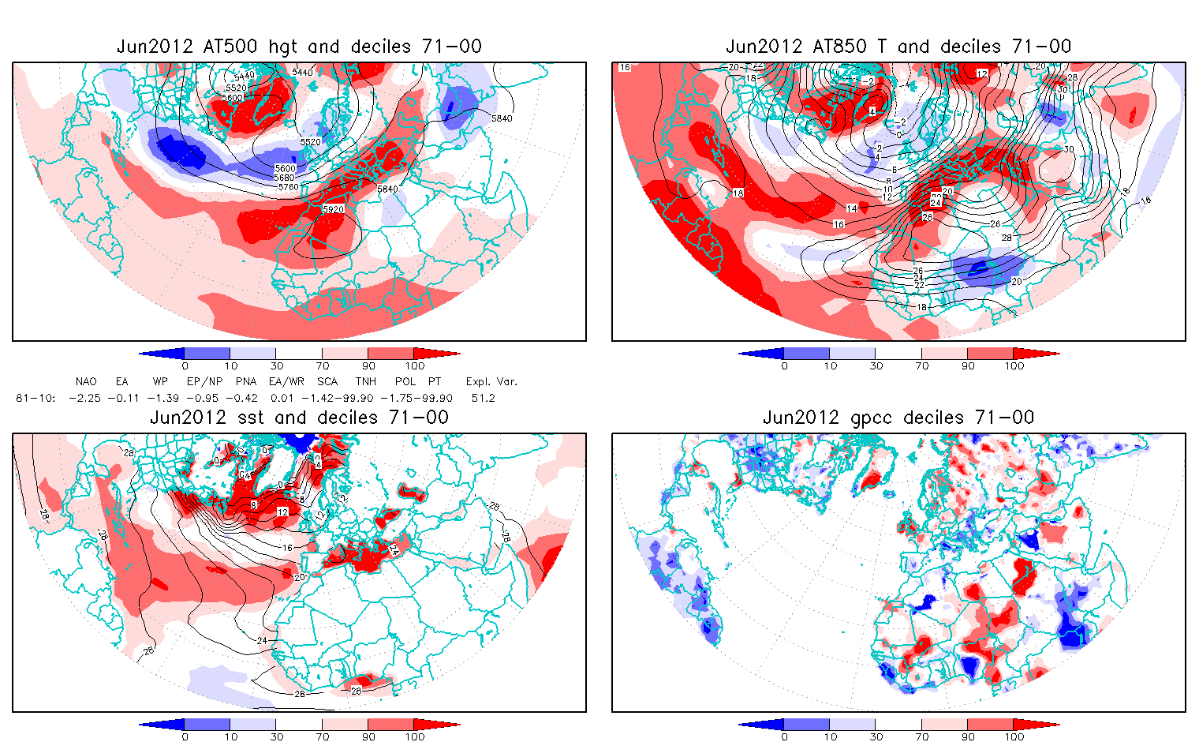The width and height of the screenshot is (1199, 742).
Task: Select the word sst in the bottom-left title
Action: pos(252,418)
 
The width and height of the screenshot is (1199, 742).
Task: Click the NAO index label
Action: pos(86,382)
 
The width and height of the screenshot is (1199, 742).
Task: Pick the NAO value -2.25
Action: pos(84,398)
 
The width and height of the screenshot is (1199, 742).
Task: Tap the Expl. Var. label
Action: pos(491,382)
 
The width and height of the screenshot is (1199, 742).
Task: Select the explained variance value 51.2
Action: pos(483,398)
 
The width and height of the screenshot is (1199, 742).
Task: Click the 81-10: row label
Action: pos(35,398)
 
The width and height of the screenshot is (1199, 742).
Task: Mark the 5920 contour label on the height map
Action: pos(333,210)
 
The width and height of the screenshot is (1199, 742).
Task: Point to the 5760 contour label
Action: pos(288,187)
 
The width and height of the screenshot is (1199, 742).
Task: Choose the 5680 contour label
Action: pos(285,178)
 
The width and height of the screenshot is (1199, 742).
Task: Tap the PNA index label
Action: pos(246,382)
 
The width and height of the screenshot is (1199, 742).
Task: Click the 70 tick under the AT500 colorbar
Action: pos(322,366)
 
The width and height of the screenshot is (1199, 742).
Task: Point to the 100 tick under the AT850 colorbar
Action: pos(1014,366)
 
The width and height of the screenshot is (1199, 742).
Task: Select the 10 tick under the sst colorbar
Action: pos(230,737)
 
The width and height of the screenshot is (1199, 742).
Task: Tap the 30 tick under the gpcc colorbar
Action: pos(876,737)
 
